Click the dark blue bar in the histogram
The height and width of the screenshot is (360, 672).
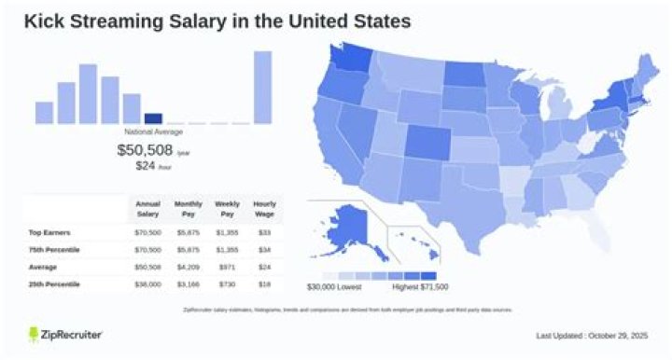[153, 118]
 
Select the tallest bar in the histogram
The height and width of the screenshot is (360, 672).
[263, 87]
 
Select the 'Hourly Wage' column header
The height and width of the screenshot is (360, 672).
[264, 208]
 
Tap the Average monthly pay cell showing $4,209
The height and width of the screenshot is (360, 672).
[188, 266]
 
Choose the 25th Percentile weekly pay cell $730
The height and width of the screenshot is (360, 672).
[226, 284]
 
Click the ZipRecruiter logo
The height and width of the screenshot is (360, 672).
[65, 333]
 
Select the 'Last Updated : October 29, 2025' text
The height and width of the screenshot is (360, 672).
[591, 336]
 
